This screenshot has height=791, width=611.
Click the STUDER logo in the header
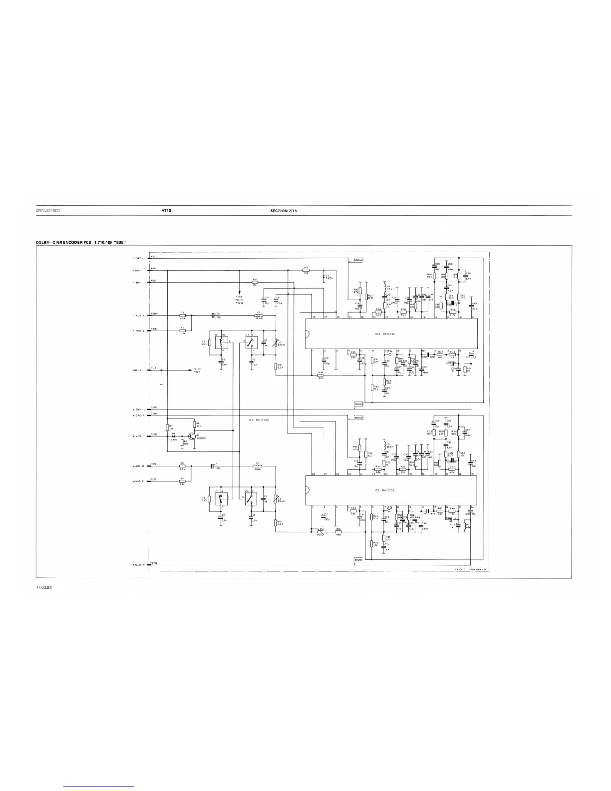point(47,211)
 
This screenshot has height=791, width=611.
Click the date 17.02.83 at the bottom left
point(44,587)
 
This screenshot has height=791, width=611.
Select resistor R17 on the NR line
point(255,282)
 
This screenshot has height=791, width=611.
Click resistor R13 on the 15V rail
point(305,270)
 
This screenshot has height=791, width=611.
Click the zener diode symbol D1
point(174,436)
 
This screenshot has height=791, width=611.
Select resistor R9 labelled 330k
point(209,343)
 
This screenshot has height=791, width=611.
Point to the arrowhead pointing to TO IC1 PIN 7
point(190,370)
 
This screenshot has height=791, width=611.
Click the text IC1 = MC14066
point(259,420)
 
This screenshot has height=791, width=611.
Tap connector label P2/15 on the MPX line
point(154,434)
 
